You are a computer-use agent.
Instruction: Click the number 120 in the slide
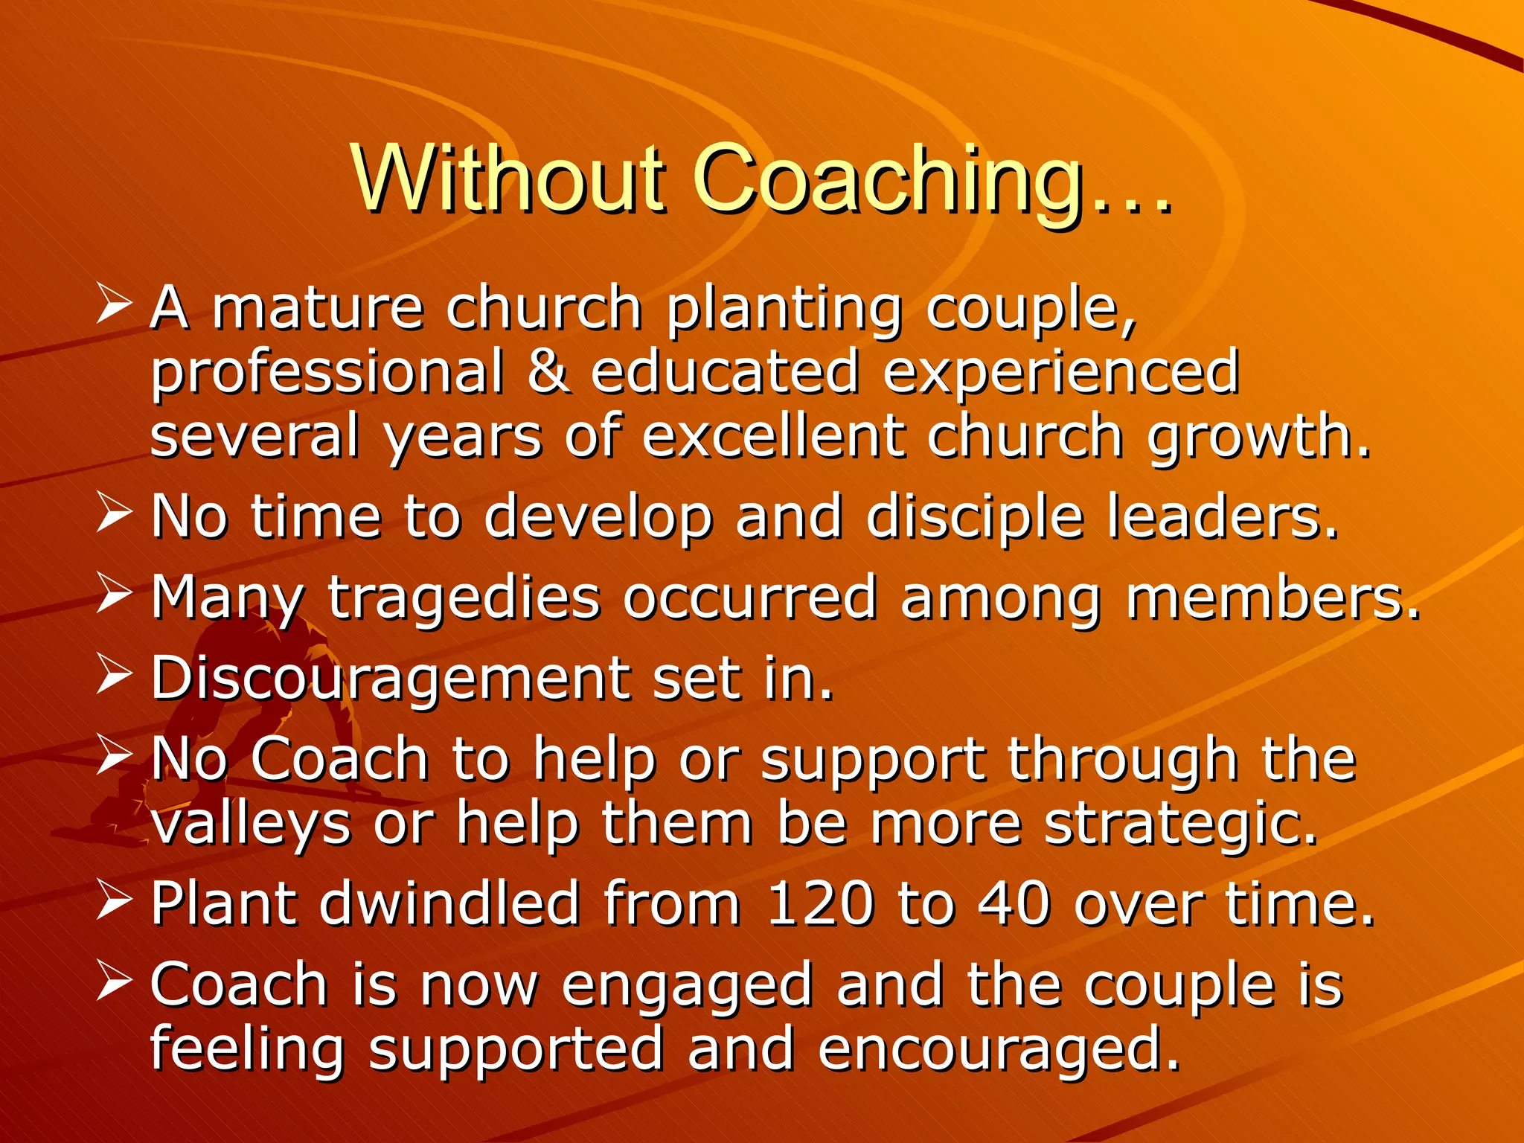click(819, 904)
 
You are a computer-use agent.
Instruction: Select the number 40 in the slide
click(1013, 904)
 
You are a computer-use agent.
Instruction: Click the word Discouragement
click(390, 679)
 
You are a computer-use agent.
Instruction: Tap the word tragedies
click(464, 599)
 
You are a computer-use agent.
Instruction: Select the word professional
click(327, 372)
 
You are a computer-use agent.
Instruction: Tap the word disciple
click(975, 517)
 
